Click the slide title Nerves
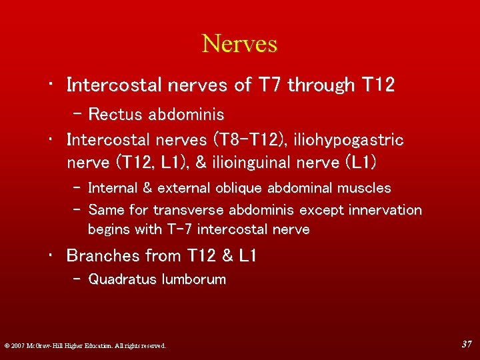tap(239, 44)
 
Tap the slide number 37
tap(467, 344)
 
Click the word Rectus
tap(114, 114)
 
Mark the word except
tap(323, 210)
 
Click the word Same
tap(105, 210)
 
